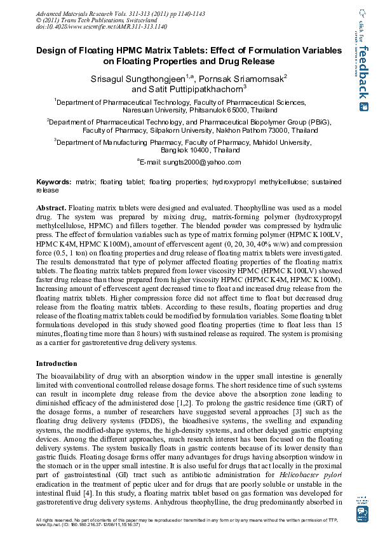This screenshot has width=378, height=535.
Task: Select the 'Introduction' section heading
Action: pos(57,363)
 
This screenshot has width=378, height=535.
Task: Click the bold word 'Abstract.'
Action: pos(51,208)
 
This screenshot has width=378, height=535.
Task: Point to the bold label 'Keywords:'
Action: pos(53,182)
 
